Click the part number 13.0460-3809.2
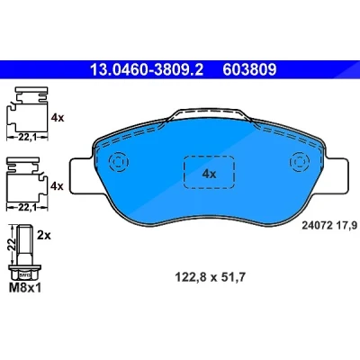click(147, 70)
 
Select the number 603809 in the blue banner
click(249, 70)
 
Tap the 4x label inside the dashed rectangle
click(209, 174)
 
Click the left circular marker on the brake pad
click(119, 162)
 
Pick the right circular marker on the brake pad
click(299, 162)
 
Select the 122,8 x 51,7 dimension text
click(210, 277)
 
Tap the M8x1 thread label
click(25, 288)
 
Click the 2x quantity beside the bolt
click(44, 236)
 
